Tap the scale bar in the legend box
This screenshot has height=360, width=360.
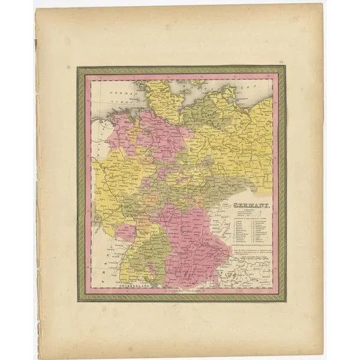coord(246,223)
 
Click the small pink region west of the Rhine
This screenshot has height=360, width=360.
coord(126,231)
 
